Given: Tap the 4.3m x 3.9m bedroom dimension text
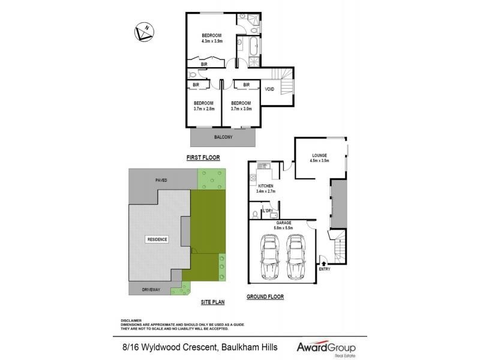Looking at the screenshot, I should point(212,41).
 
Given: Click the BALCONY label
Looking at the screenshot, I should point(223,137).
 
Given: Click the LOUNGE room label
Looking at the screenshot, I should point(319,155).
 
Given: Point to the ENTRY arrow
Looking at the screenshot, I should point(325,262).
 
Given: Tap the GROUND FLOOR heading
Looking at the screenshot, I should point(265,297).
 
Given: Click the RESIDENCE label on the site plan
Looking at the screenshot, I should point(157,239).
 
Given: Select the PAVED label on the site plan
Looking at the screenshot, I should point(161,180).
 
